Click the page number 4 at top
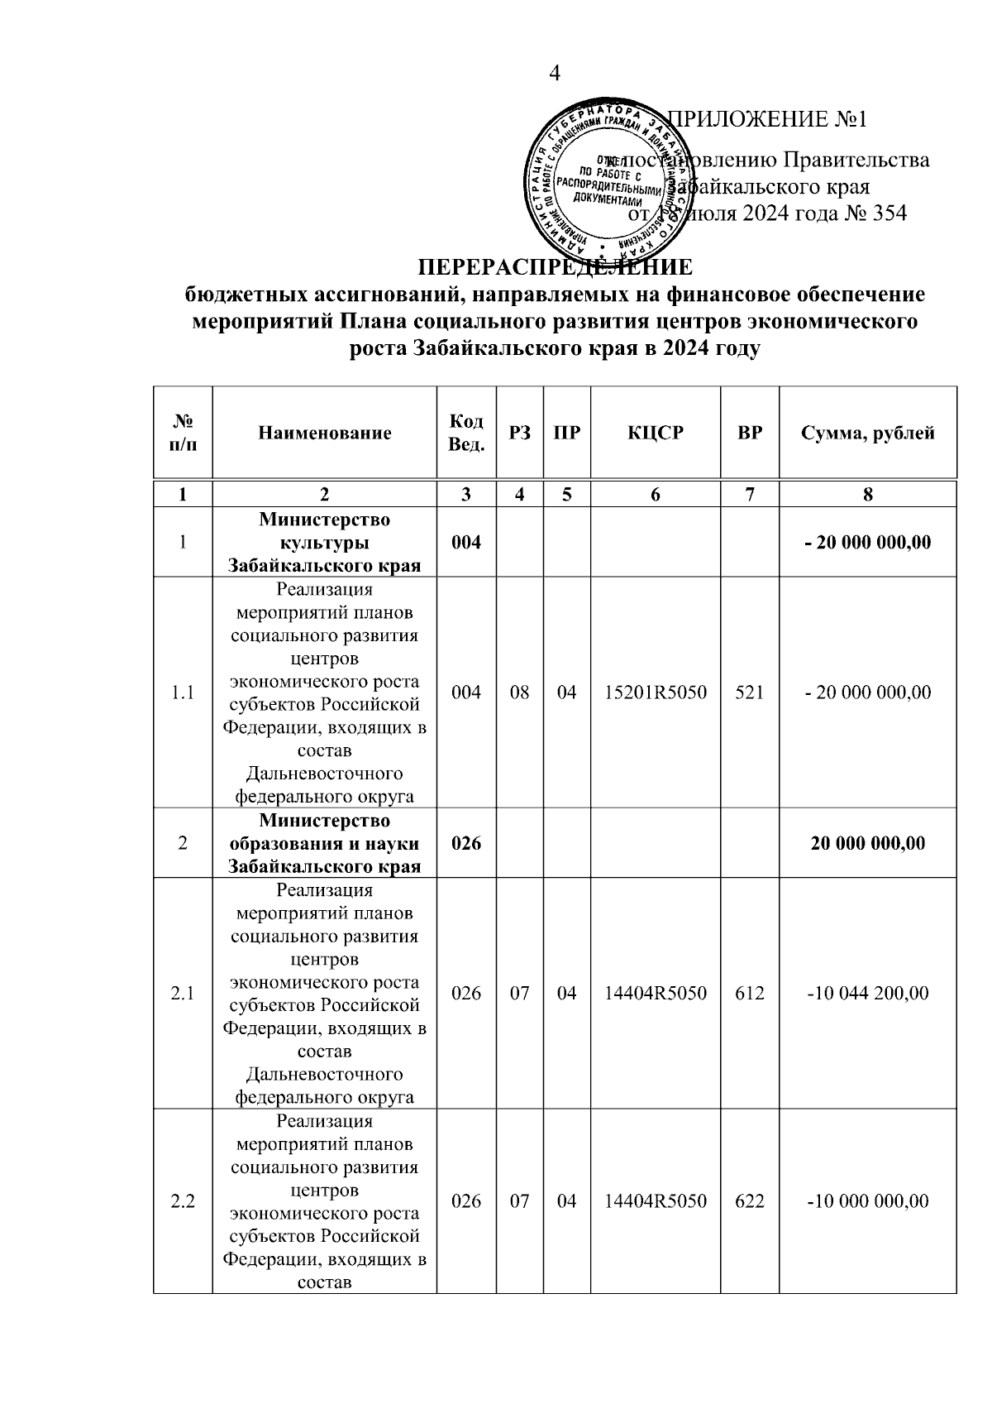pyautogui.click(x=555, y=74)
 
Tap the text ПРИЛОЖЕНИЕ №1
pyautogui.click(x=766, y=119)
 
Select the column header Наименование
pyautogui.click(x=324, y=433)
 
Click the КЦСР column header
pyautogui.click(x=655, y=433)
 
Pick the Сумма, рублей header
pyautogui.click(x=867, y=433)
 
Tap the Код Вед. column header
pyautogui.click(x=466, y=433)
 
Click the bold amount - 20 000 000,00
pyautogui.click(x=867, y=543)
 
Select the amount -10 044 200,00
pyautogui.click(x=867, y=993)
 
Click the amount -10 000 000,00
pyautogui.click(x=867, y=1201)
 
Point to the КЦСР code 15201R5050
pyautogui.click(x=655, y=692)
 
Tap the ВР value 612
pyautogui.click(x=749, y=993)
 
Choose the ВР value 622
pyautogui.click(x=749, y=1201)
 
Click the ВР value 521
pyautogui.click(x=749, y=692)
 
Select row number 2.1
pyautogui.click(x=183, y=993)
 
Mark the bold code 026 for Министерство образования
pyautogui.click(x=466, y=843)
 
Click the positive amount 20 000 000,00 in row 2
pyautogui.click(x=867, y=843)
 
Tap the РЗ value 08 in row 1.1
pyautogui.click(x=519, y=692)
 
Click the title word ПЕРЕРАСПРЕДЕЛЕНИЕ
pyautogui.click(x=555, y=268)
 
